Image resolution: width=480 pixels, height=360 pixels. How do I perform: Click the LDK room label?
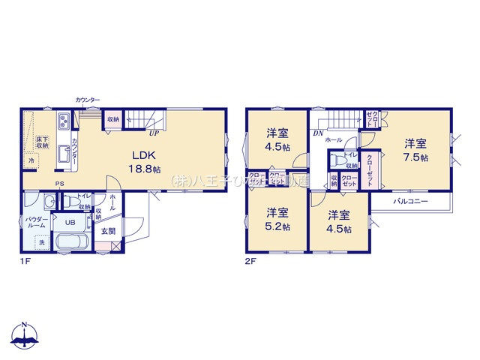(143, 155)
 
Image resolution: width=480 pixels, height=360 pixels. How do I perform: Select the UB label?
(68, 222)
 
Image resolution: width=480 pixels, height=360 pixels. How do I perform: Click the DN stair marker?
(318, 133)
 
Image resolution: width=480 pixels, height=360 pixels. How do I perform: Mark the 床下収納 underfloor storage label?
(40, 142)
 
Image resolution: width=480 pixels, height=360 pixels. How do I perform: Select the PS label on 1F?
(58, 185)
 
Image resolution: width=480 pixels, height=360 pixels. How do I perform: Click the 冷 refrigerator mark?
(31, 161)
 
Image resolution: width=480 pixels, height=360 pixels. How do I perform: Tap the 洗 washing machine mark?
(41, 242)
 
